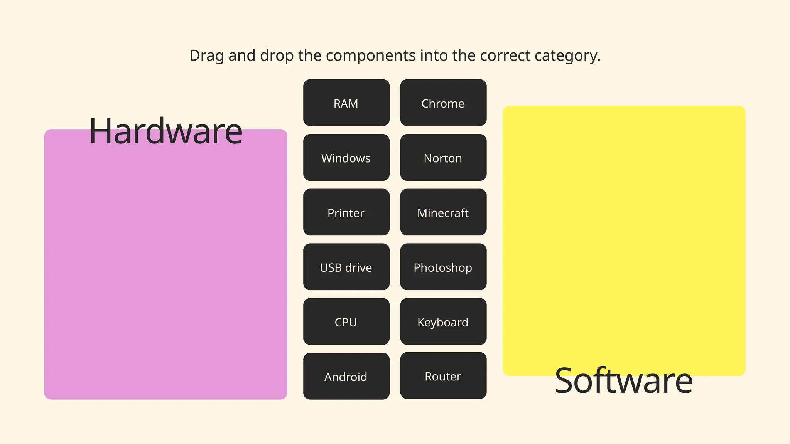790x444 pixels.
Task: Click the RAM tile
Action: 346,103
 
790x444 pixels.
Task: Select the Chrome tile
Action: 443,103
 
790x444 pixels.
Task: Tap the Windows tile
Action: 346,158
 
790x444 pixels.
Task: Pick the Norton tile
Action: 443,158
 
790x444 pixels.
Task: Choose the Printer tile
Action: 346,212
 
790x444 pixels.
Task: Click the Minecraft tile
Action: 443,212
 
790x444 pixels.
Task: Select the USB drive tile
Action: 346,267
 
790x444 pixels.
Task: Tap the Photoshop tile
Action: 443,267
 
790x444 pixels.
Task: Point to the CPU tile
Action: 346,322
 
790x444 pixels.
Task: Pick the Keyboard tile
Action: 443,322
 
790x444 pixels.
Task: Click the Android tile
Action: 346,377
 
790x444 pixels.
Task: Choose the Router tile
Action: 443,376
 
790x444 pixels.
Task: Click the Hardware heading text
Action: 165,132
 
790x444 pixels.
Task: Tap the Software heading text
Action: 624,381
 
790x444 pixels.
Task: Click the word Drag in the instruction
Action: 206,55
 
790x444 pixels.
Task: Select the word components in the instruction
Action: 370,55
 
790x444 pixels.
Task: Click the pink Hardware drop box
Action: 165,270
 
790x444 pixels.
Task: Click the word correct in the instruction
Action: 505,55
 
